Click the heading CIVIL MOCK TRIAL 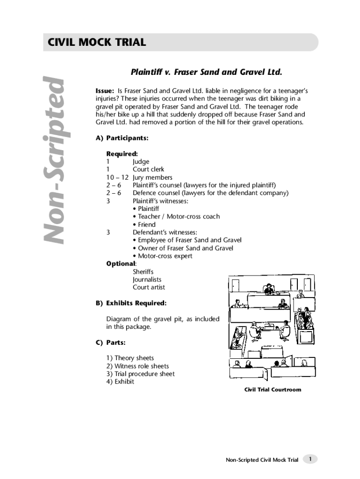[x=97, y=43]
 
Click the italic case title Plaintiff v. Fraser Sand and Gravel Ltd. [x=206, y=73]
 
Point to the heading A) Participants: [x=122, y=138]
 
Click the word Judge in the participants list [x=141, y=161]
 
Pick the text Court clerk [x=149, y=169]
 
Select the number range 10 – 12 [x=117, y=177]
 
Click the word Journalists [x=147, y=279]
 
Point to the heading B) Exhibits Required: [x=131, y=303]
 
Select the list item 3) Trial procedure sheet [x=140, y=374]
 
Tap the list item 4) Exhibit [x=120, y=382]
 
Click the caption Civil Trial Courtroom [x=273, y=390]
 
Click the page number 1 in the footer [x=310, y=459]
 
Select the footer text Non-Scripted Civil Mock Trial [x=262, y=460]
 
